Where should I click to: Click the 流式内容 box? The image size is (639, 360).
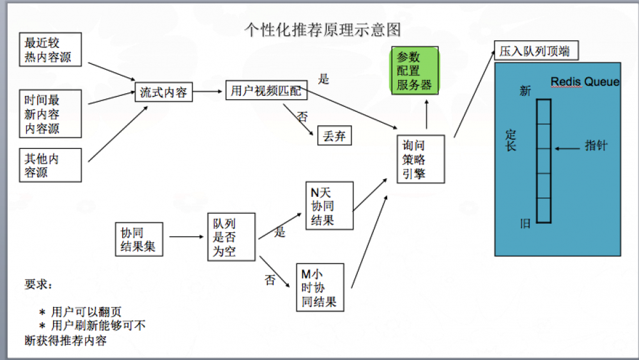click(163, 92)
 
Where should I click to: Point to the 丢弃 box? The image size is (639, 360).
click(334, 136)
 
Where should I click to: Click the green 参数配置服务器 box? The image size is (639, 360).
click(414, 70)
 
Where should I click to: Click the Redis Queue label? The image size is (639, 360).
click(585, 82)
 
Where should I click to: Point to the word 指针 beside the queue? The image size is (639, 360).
click(596, 146)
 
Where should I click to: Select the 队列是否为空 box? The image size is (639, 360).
click(231, 237)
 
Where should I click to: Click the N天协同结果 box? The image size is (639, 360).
click(328, 205)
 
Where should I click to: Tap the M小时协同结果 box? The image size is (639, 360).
click(319, 288)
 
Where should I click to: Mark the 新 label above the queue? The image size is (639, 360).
click(525, 91)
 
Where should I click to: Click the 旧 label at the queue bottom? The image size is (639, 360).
click(525, 223)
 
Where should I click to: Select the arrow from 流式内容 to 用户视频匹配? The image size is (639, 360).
click(208, 92)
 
